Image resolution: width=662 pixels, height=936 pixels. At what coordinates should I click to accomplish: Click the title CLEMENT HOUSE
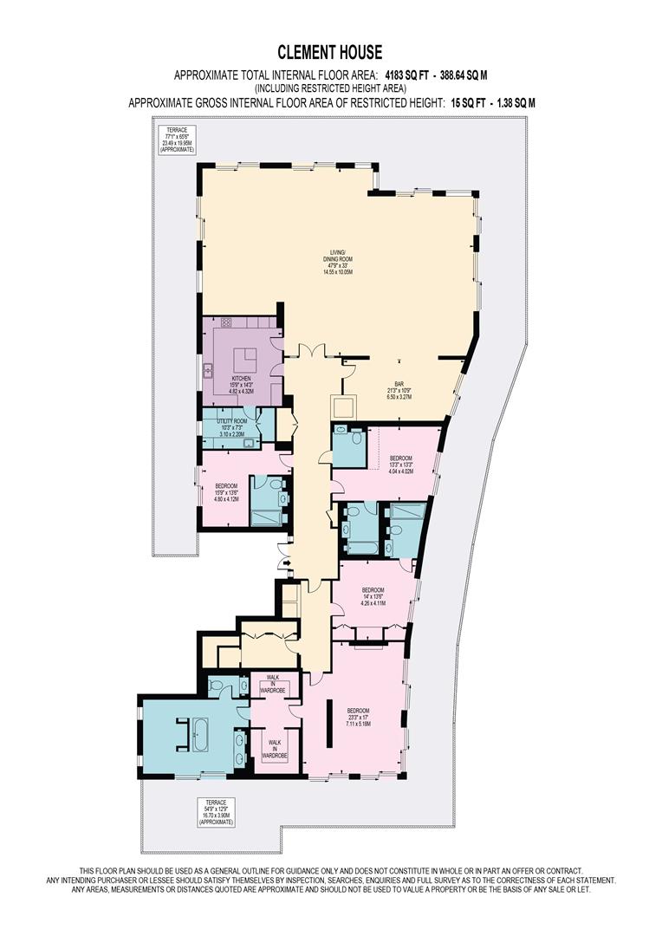(x=330, y=53)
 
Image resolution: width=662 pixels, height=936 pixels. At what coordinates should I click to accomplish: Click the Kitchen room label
(x=240, y=385)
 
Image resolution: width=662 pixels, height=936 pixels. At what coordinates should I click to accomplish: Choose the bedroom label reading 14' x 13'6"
(x=373, y=596)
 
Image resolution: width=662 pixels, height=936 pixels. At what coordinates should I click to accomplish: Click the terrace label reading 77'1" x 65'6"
(x=177, y=139)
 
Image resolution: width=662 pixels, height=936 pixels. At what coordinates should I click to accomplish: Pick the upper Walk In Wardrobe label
(x=271, y=684)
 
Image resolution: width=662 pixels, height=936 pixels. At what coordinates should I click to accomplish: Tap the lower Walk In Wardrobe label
(x=275, y=746)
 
